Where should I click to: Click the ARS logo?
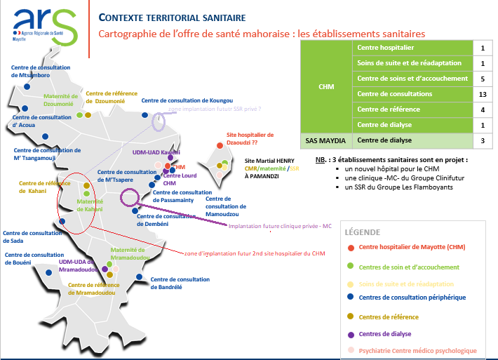coord(43,22)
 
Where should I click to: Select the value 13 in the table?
coord(483,94)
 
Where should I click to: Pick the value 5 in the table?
coord(483,79)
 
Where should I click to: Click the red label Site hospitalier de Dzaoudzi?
coord(250,138)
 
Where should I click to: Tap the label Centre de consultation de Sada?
coord(21,237)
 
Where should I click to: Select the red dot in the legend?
coord(349,247)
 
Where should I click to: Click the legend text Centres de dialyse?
coord(384,333)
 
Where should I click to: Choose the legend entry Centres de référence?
coord(389,317)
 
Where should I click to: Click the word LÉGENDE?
coord(363,232)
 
